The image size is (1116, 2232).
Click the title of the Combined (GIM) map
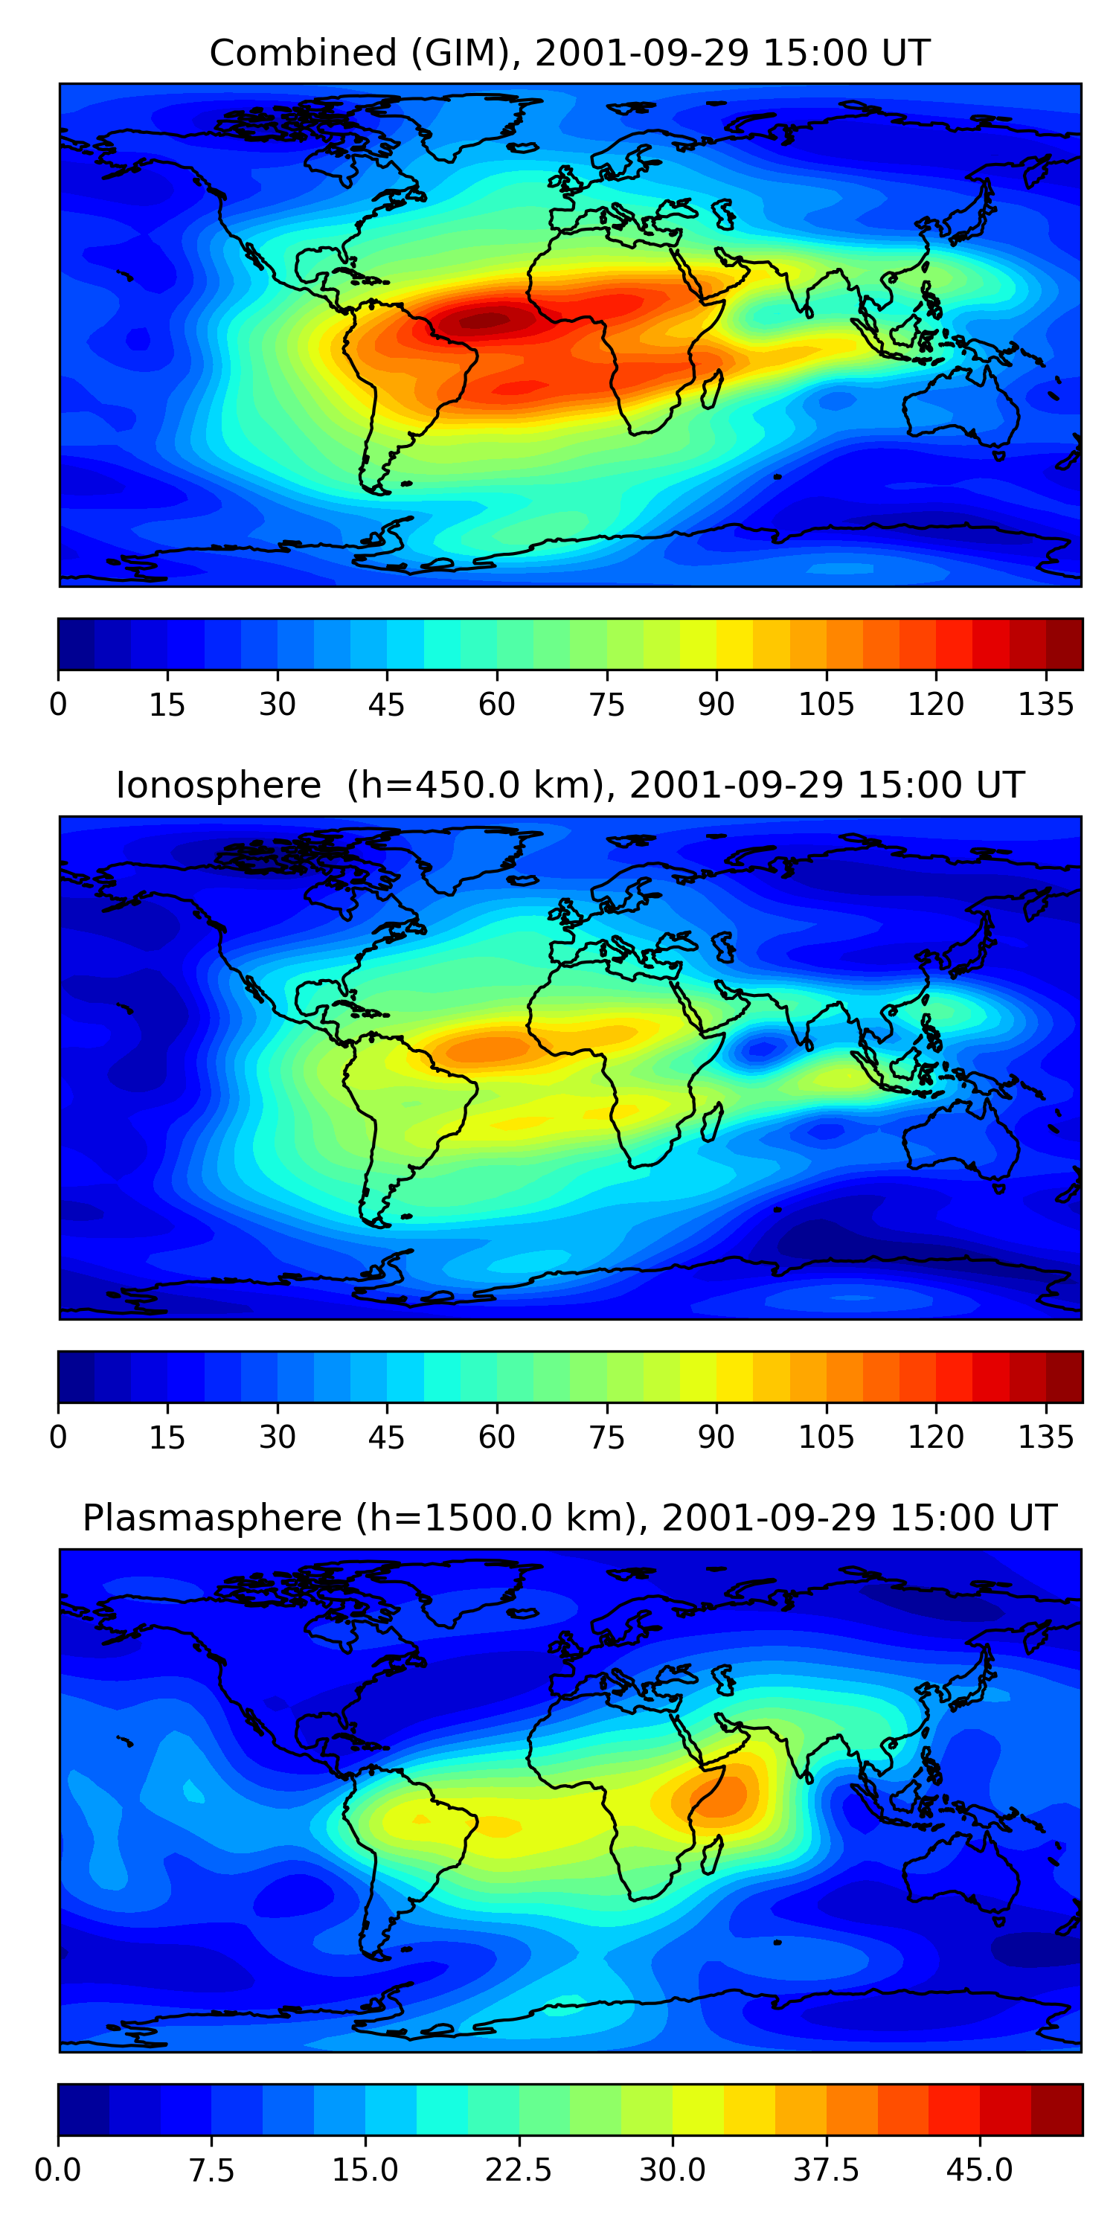point(569,53)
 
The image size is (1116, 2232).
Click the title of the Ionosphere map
point(569,785)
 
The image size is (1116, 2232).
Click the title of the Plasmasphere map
point(569,1517)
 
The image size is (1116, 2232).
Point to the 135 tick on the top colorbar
point(1046,704)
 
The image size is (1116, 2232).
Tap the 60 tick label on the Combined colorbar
point(496,705)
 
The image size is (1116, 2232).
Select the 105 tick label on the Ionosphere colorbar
point(826,1437)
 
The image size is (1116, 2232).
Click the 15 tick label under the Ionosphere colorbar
point(167,1437)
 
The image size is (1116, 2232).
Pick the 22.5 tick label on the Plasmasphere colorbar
point(518,2170)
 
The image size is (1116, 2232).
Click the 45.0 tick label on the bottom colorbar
point(979,2170)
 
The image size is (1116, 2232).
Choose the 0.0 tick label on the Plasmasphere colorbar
point(58,2170)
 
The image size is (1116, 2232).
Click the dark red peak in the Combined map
point(485,321)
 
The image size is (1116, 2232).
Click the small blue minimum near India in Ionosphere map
point(761,1050)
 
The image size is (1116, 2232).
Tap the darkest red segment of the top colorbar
point(1064,644)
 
